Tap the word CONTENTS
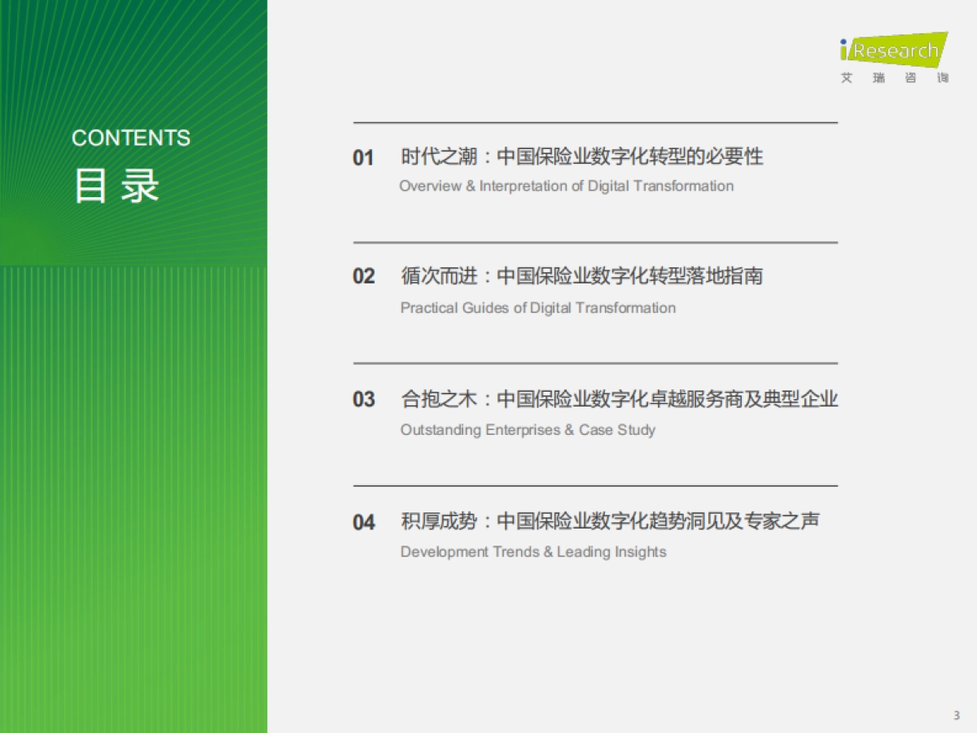pyautogui.click(x=131, y=138)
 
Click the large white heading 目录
pyautogui.click(x=116, y=187)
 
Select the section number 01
pyautogui.click(x=363, y=158)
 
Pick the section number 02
pyautogui.click(x=363, y=277)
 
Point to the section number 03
pyautogui.click(x=363, y=400)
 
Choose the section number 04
pyautogui.click(x=363, y=522)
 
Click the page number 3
pyautogui.click(x=957, y=715)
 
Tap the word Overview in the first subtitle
pyautogui.click(x=429, y=187)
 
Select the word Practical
pyautogui.click(x=429, y=308)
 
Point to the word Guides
pyautogui.click(x=486, y=308)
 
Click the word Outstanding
pyautogui.click(x=440, y=430)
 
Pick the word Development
pyautogui.click(x=445, y=552)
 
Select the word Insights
pyautogui.click(x=640, y=552)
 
